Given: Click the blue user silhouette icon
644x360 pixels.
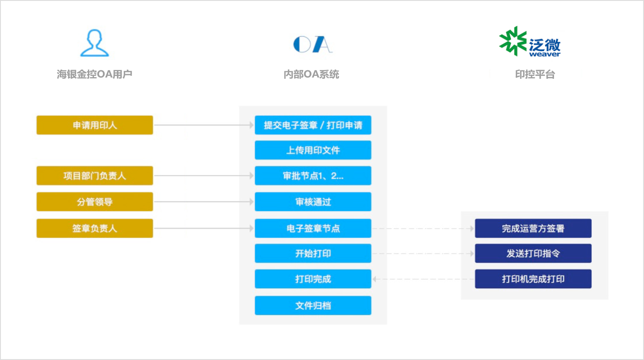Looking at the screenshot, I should click(95, 43).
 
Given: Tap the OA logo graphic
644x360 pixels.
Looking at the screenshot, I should click(312, 44).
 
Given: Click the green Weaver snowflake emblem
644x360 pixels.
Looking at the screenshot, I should click(513, 41).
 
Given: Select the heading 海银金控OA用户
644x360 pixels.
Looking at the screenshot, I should click(95, 74).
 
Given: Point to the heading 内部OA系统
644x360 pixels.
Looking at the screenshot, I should click(311, 74).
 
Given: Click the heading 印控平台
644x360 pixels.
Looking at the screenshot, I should click(535, 74).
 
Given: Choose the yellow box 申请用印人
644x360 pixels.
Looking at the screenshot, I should click(95, 125).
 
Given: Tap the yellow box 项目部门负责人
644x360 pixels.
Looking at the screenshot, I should click(95, 176).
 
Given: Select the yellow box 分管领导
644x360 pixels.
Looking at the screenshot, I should click(95, 202).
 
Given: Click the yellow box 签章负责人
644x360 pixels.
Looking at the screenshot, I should click(95, 228).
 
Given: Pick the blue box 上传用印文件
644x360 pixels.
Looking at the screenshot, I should click(313, 150).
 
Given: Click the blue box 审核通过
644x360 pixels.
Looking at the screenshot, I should click(313, 202).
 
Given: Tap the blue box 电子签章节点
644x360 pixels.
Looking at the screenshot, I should click(313, 228).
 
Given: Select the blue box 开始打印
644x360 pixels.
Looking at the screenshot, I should click(313, 253).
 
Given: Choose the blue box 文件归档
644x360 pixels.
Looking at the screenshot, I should click(313, 305).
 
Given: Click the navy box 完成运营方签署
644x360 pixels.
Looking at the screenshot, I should click(533, 228).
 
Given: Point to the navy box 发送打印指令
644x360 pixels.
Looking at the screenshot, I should click(533, 253).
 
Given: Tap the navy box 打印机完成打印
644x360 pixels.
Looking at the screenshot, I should click(533, 279).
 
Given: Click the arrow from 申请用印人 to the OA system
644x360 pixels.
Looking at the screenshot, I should click(204, 125).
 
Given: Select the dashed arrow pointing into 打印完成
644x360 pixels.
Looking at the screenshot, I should click(423, 279).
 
